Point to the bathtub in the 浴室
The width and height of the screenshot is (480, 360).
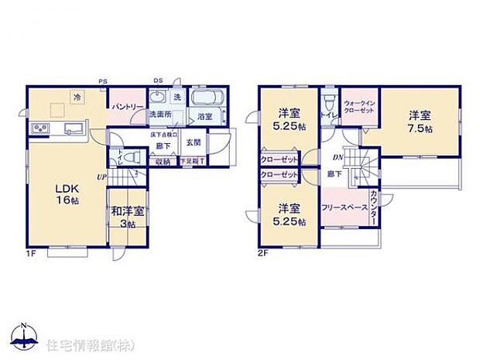pos(206,99)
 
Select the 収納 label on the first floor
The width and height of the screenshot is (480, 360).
pos(163,161)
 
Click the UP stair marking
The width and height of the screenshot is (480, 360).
pos(101,177)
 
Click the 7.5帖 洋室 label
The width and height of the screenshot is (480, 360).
pos(421,122)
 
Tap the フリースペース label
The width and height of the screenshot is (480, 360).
pos(343,207)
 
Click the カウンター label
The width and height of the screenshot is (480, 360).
pos(373,207)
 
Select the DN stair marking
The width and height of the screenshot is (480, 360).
pos(338,157)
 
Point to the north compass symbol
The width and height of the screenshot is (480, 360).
pos(25,335)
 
